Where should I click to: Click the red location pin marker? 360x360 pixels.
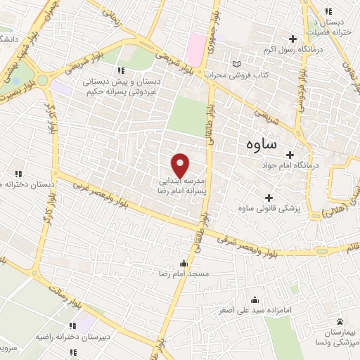pyautogui.click(x=181, y=166)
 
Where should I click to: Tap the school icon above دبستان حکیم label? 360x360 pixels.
pyautogui.click(x=122, y=70)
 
